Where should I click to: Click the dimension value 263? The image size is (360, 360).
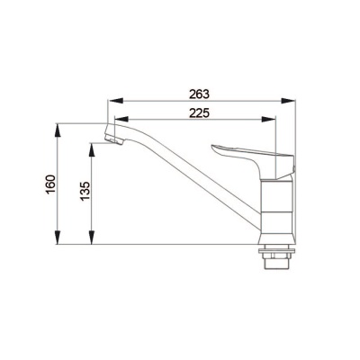click(199, 94)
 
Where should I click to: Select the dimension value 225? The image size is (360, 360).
click(199, 113)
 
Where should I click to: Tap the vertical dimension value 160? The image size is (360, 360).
click(50, 184)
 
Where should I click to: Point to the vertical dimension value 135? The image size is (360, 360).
click(85, 191)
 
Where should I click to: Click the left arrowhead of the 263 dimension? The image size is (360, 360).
click(115, 101)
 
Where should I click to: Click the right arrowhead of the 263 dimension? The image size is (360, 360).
click(288, 101)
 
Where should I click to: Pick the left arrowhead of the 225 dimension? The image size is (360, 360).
click(121, 119)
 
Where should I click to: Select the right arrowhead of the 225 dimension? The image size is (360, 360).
click(268, 119)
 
